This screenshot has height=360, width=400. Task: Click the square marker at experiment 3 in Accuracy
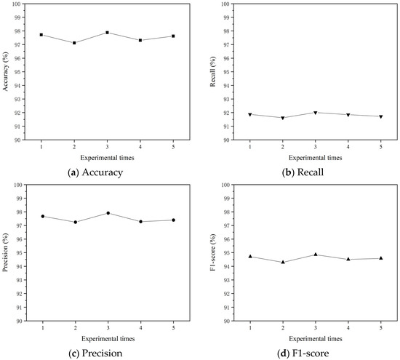[x=107, y=32]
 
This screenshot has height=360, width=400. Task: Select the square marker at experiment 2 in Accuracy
[x=74, y=43]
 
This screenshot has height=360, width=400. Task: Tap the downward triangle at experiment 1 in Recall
[x=250, y=114]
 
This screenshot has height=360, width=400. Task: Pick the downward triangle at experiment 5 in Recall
[x=381, y=116]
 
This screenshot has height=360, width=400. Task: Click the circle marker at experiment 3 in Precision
[x=107, y=213]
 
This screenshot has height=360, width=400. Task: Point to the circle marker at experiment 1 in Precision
[x=42, y=216]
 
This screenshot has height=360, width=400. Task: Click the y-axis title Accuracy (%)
[x=6, y=71]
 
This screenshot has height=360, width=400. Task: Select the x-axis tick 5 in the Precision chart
[x=173, y=328]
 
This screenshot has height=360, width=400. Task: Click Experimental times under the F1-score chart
[x=316, y=339]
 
